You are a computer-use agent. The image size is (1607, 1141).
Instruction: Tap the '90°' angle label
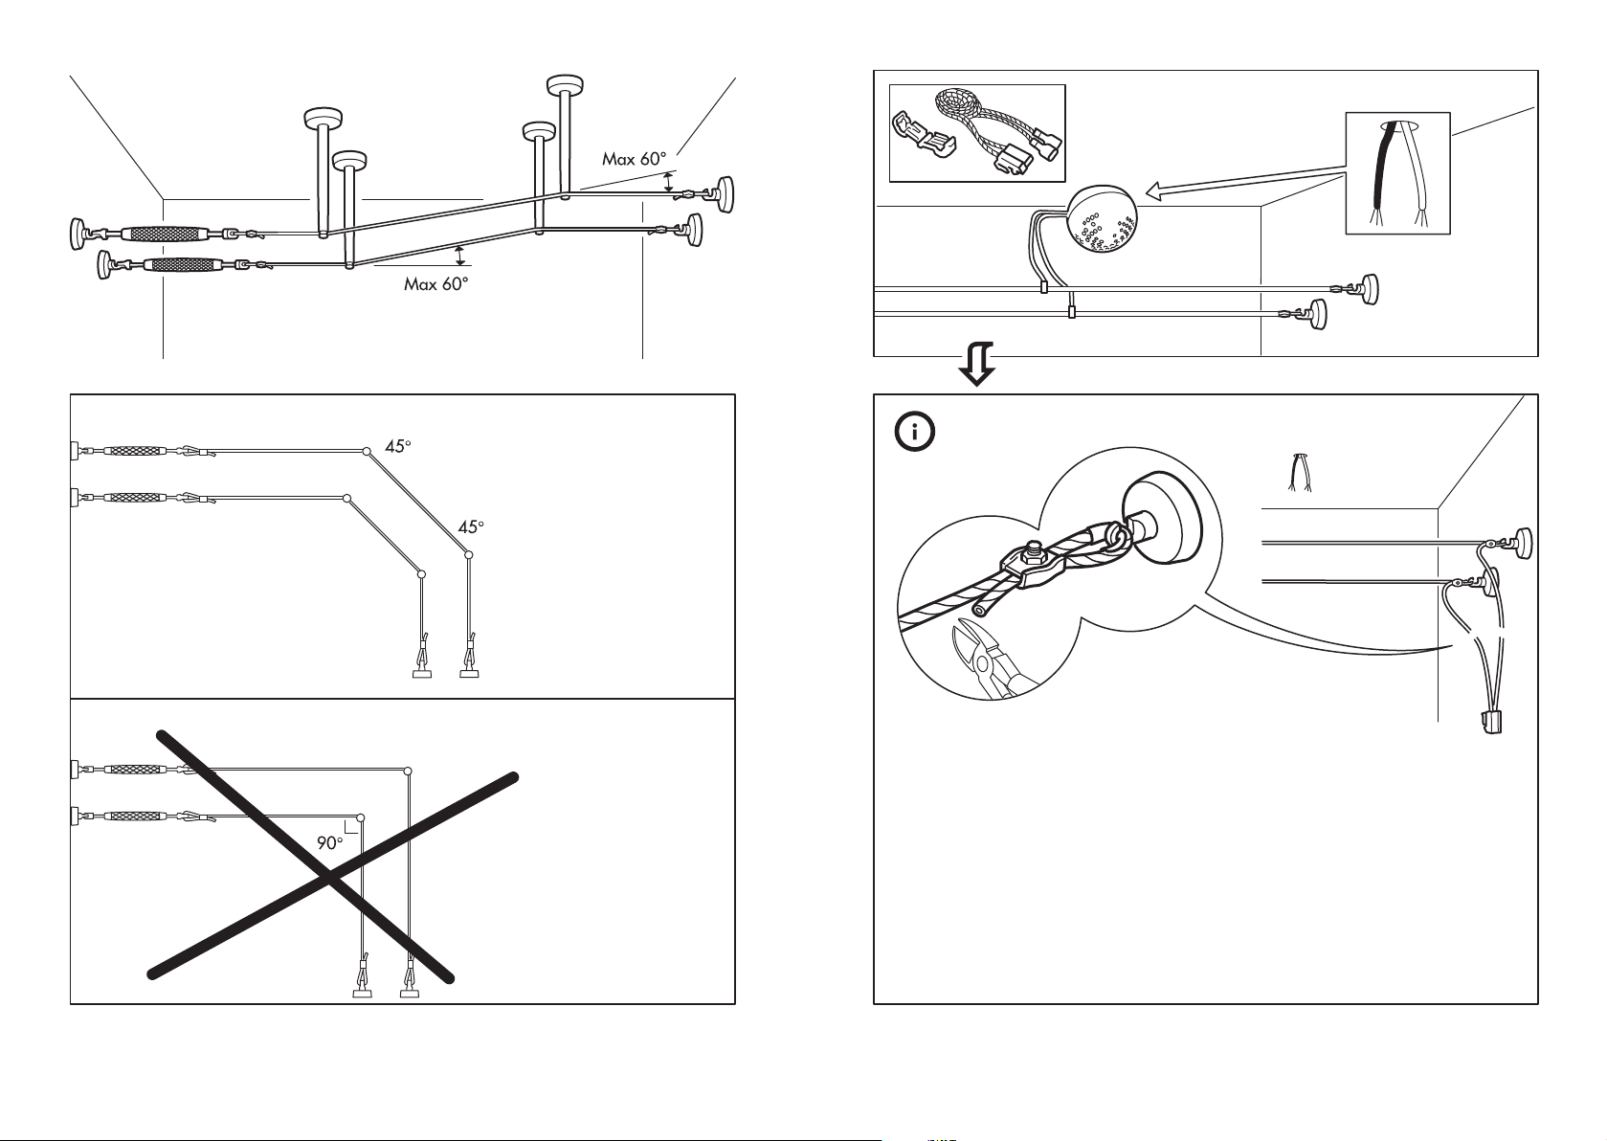(330, 842)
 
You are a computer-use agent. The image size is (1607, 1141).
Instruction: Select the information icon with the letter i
(915, 432)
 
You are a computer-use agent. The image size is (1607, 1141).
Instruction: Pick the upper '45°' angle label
(398, 445)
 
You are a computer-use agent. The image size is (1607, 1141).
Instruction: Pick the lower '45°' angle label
(472, 527)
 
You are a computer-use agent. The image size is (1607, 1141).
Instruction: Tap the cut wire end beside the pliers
(980, 608)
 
